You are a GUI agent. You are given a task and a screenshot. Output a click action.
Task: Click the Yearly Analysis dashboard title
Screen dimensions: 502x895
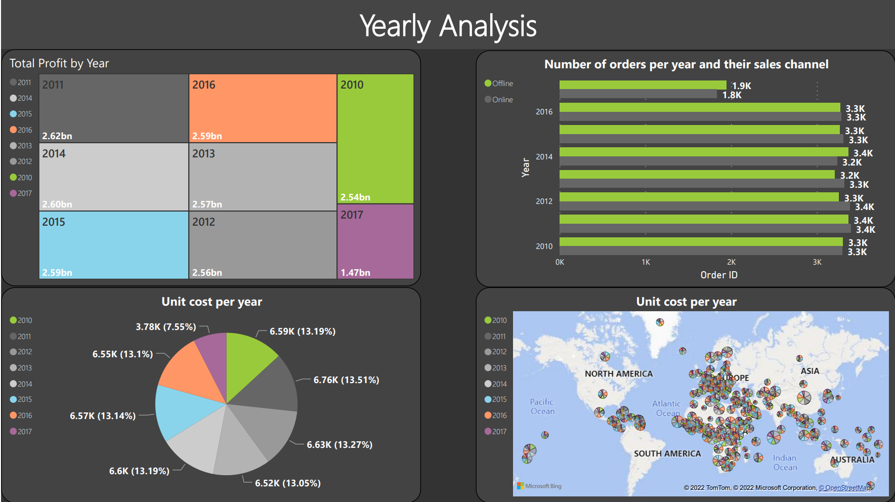pyautogui.click(x=448, y=26)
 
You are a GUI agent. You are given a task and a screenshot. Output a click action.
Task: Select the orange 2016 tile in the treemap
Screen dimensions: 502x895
pyautogui.click(x=262, y=108)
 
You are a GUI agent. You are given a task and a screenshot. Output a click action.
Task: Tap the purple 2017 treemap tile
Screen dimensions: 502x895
pyautogui.click(x=375, y=241)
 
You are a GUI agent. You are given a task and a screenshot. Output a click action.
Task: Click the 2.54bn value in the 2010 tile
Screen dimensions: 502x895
pyautogui.click(x=355, y=197)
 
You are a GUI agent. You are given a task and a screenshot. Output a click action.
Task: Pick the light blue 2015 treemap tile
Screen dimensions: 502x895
pyautogui.click(x=113, y=244)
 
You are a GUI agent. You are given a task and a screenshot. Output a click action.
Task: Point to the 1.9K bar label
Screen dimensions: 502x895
pyautogui.click(x=742, y=86)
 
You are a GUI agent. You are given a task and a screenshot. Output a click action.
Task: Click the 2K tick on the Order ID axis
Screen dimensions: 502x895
pyautogui.click(x=731, y=262)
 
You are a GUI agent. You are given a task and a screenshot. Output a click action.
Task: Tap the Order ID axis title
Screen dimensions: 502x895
pyautogui.click(x=719, y=275)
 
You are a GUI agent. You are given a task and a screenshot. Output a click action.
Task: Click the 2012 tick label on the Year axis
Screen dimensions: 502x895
pyautogui.click(x=544, y=201)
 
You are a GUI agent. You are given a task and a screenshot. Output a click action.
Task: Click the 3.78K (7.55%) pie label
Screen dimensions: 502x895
pyautogui.click(x=165, y=327)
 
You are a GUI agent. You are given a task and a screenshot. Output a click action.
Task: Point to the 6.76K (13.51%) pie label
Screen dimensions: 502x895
pyautogui.click(x=346, y=380)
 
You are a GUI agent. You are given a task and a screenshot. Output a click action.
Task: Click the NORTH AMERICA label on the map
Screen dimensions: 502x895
pyautogui.click(x=619, y=374)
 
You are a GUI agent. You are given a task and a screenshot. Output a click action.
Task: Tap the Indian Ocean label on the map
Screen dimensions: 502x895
pyautogui.click(x=785, y=463)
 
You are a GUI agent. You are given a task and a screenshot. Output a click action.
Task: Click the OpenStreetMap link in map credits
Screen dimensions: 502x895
pyautogui.click(x=845, y=488)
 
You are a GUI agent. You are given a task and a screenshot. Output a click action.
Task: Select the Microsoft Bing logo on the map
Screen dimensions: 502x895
pyautogui.click(x=539, y=486)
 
